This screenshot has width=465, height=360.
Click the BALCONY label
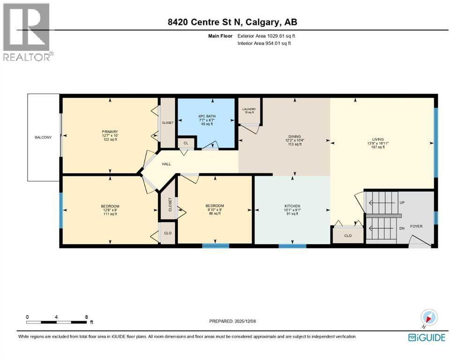pos(43,137)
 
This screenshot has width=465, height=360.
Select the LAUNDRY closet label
pos(249,109)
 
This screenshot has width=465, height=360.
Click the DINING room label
pos(295,136)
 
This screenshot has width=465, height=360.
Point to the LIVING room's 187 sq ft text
pos(378,147)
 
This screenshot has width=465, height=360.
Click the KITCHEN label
pos(292,206)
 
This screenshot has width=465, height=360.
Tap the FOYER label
pos(416,226)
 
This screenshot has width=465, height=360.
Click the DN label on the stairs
pos(402,228)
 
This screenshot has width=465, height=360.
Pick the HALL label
pos(167,164)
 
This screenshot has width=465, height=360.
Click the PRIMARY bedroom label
pos(110,132)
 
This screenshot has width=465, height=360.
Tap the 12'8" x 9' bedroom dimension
pos(110,210)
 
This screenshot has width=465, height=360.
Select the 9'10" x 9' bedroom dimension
pos(214,210)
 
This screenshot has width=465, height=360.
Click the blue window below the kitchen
pos(292,245)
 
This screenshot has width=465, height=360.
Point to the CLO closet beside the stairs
pos(347,236)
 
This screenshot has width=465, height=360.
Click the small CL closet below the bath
pos(185,143)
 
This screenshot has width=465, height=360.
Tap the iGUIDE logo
pos(427,337)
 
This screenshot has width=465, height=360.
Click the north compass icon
pos(429,317)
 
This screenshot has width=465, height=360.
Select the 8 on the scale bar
pos(87,317)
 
